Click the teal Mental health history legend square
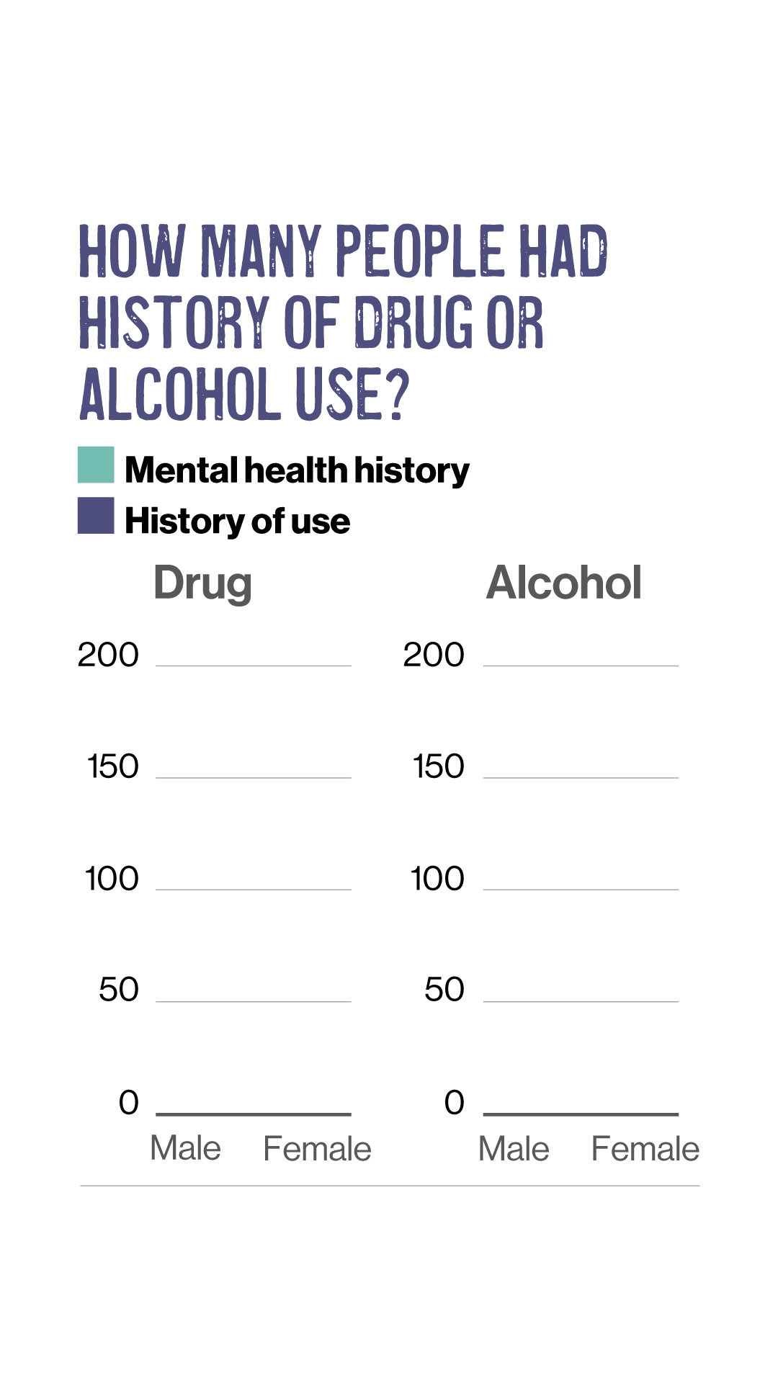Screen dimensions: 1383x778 pos(96,465)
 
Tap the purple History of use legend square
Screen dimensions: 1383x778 pos(96,516)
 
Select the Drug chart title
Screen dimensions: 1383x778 pos(202,583)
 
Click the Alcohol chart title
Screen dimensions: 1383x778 pos(564,582)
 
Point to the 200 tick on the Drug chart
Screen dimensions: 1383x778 pos(108,655)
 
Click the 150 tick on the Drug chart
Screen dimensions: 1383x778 pos(113,766)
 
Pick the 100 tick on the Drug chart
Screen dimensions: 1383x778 pos(112,879)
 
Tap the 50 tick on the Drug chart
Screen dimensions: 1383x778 pos(119,990)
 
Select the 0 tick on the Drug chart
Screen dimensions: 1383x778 pos(129,1102)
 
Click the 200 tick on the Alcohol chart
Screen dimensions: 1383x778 pos(434,655)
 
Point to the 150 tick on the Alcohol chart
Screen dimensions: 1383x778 pos(439,766)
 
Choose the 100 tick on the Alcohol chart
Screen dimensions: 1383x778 pos(437,879)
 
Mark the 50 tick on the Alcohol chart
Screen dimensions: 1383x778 pos(444,990)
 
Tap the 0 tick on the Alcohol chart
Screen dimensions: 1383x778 pos(455,1102)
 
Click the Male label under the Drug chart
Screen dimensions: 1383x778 pos(186,1148)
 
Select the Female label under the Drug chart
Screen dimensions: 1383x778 pos(317,1149)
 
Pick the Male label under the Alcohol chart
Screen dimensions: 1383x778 pos(514,1149)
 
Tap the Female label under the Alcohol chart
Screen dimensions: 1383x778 pos(645,1149)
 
